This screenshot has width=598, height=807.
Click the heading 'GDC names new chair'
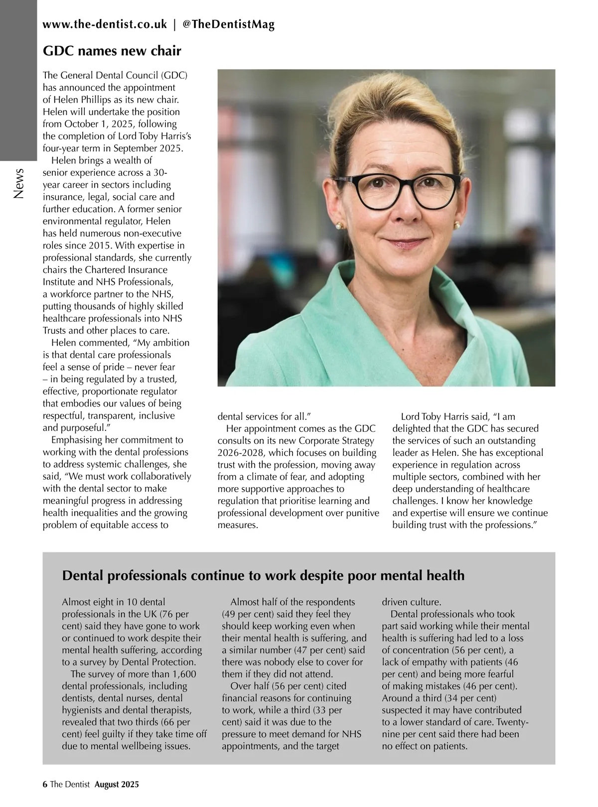point(112,51)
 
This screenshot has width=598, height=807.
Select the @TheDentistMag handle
point(229,24)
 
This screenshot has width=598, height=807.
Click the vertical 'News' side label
point(19,183)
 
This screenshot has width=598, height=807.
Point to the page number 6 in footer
point(45,785)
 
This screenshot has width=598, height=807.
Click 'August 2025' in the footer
point(117,785)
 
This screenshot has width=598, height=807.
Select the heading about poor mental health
point(263,575)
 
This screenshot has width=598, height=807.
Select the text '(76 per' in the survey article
point(173,614)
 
